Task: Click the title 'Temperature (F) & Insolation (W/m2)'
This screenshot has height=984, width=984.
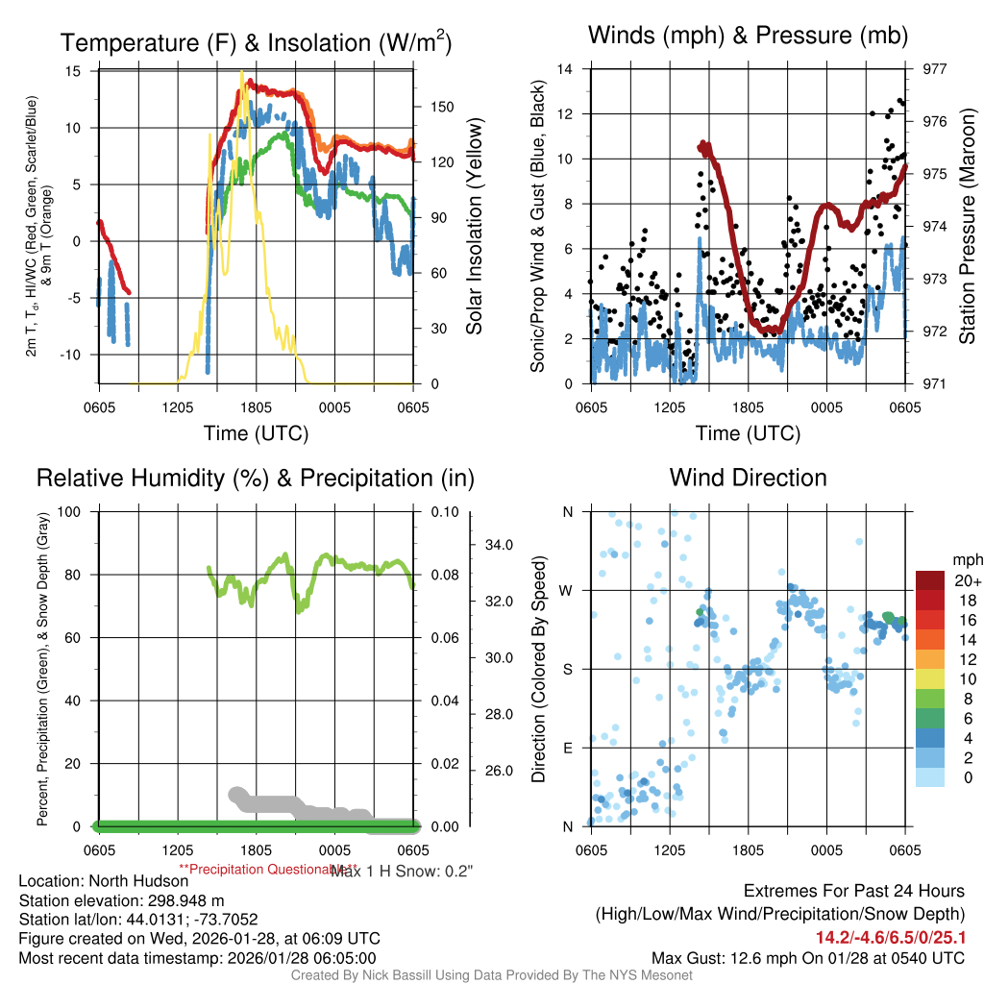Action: [256, 42]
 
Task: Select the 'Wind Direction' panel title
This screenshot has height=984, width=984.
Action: [748, 478]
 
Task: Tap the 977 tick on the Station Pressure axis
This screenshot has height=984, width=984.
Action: [935, 69]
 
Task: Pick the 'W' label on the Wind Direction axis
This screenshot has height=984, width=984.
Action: [567, 590]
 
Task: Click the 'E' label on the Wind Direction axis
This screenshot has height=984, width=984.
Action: [567, 748]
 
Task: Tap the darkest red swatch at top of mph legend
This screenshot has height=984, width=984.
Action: [930, 580]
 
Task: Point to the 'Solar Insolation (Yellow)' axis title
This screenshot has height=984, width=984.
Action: [474, 226]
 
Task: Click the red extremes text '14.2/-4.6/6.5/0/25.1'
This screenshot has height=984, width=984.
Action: [891, 937]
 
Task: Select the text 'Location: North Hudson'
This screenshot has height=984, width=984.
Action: [104, 881]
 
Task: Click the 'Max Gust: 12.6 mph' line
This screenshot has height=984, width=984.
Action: [807, 958]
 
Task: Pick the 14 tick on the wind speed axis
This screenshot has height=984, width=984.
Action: [565, 69]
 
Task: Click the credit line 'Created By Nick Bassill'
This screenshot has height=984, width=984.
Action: [491, 975]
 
